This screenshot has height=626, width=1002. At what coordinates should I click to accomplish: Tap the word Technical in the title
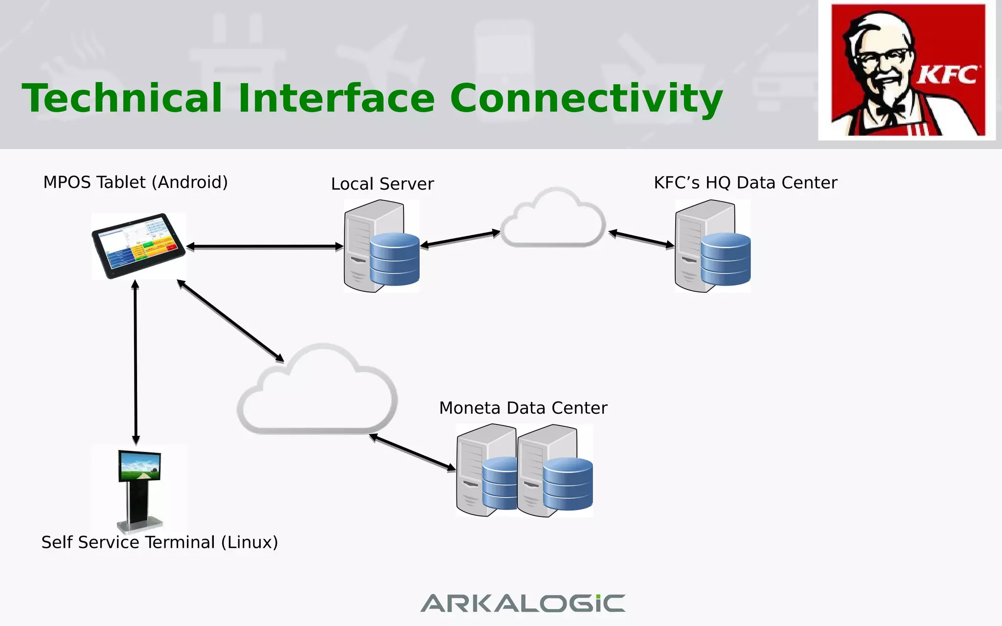tap(122, 99)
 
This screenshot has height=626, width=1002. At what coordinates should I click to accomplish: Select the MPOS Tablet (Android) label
tap(136, 182)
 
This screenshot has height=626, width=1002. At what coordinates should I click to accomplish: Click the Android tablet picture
tap(138, 246)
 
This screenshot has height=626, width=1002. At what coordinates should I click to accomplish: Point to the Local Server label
tap(382, 184)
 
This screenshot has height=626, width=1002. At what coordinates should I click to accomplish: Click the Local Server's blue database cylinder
tap(394, 259)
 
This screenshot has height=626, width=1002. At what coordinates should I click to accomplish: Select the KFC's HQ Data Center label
tap(745, 183)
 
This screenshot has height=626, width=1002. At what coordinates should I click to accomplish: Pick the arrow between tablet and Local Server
tap(264, 246)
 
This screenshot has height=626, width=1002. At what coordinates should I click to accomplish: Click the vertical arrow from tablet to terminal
tap(136, 362)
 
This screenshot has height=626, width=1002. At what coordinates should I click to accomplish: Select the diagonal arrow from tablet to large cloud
tap(230, 321)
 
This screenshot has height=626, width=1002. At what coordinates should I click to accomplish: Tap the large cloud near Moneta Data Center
tap(318, 396)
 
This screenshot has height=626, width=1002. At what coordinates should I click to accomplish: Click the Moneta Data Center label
tap(523, 408)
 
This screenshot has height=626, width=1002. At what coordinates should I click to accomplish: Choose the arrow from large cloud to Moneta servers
tap(412, 452)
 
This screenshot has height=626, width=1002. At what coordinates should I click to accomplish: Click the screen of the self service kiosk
tap(140, 466)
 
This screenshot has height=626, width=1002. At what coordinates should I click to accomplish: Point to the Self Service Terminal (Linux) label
tap(159, 542)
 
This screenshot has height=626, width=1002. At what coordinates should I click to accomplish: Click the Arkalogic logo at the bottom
tap(523, 603)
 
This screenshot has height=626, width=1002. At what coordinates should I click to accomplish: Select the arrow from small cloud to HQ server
tap(641, 239)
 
